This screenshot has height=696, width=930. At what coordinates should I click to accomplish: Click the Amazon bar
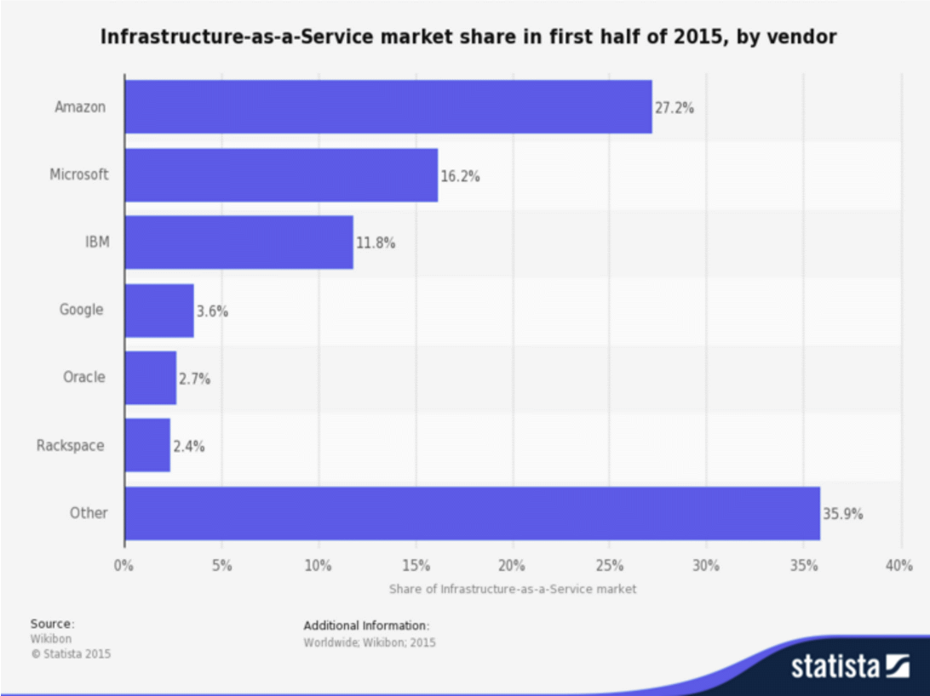[387, 107]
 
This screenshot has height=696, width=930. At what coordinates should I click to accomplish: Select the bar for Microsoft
[281, 175]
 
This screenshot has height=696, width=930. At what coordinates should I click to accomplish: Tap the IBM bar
[238, 242]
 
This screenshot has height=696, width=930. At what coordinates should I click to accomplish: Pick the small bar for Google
[159, 311]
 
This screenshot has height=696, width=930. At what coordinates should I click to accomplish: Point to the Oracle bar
[151, 378]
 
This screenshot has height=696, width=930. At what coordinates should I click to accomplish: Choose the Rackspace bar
[147, 445]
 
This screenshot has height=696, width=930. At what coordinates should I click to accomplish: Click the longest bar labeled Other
[472, 513]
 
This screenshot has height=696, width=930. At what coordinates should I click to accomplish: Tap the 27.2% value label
[675, 108]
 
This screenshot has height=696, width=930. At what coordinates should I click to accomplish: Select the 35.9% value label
[843, 514]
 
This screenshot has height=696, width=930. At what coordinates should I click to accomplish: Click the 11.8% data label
[376, 243]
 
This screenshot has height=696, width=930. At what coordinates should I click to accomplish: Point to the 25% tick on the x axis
[610, 566]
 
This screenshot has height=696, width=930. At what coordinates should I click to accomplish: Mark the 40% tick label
[898, 566]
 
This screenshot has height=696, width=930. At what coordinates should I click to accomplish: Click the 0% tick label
[124, 566]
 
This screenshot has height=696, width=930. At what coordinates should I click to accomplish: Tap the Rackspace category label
[71, 446]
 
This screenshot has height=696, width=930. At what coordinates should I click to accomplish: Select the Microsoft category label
[79, 175]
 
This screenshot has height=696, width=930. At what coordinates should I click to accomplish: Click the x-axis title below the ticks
[513, 589]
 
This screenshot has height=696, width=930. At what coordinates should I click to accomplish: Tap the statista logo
[851, 665]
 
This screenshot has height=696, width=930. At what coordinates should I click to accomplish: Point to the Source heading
[52, 624]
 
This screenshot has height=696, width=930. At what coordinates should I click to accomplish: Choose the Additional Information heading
[366, 625]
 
